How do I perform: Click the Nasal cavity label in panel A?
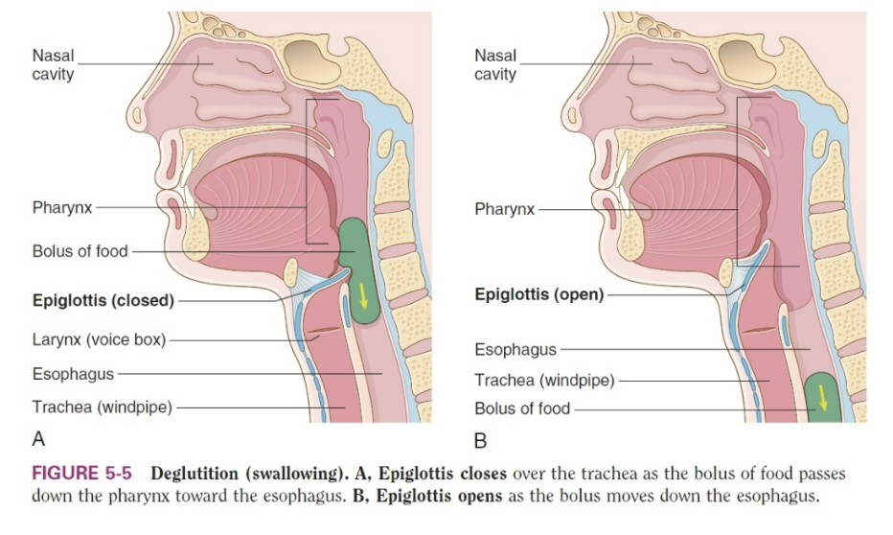pyautogui.click(x=53, y=64)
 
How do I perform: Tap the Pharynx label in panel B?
pyautogui.click(x=505, y=209)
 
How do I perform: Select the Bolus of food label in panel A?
pyautogui.click(x=80, y=251)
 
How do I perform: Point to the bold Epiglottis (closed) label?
pyautogui.click(x=103, y=300)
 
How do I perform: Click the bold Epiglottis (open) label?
pyautogui.click(x=539, y=294)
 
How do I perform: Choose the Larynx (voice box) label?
pyautogui.click(x=99, y=339)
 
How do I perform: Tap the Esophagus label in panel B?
pyautogui.click(x=515, y=349)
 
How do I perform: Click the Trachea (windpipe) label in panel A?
pyautogui.click(x=102, y=407)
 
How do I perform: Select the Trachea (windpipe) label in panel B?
pyautogui.click(x=544, y=380)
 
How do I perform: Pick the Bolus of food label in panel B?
pyautogui.click(x=522, y=408)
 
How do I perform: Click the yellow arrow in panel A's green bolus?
pyautogui.click(x=363, y=295)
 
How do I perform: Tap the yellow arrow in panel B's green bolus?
pyautogui.click(x=822, y=398)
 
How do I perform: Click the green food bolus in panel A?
pyautogui.click(x=358, y=270)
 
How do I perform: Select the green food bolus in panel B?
pyautogui.click(x=823, y=398)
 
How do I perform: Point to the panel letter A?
pyautogui.click(x=38, y=439)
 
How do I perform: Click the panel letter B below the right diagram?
pyautogui.click(x=480, y=441)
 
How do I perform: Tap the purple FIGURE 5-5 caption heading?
pyautogui.click(x=81, y=473)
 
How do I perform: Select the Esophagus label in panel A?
pyautogui.click(x=73, y=374)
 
